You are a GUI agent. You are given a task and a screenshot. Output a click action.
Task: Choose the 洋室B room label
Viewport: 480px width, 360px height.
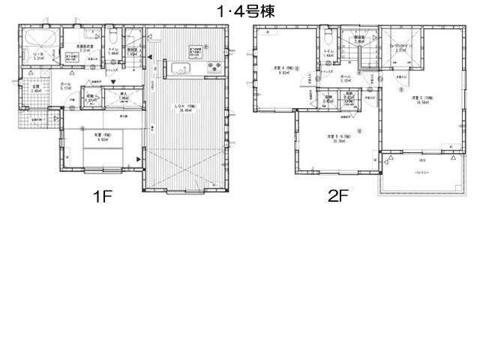(333, 136)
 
